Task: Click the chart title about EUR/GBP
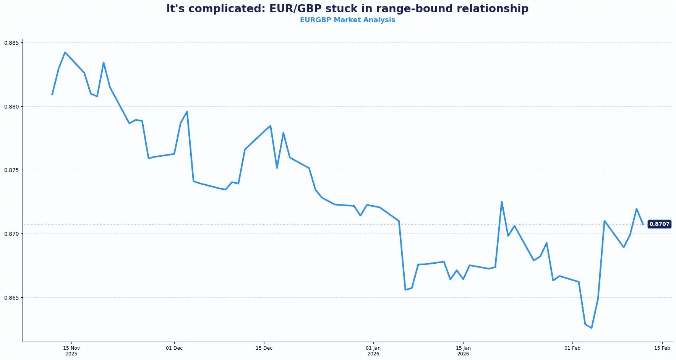[347, 9]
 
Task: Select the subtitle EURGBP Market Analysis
[347, 20]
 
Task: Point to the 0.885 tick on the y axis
[11, 43]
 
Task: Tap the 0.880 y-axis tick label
[11, 107]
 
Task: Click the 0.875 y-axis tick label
[11, 170]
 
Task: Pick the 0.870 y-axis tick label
[11, 234]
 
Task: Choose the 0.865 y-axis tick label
[11, 297]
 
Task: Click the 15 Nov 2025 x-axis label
[71, 351]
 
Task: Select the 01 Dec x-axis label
[174, 348]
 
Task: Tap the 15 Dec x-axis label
[264, 348]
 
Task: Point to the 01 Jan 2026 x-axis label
[373, 351]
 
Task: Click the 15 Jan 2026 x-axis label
[463, 351]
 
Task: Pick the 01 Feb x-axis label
[572, 348]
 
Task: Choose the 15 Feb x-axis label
[662, 348]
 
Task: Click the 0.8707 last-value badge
[659, 224]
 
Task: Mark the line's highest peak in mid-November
[65, 52]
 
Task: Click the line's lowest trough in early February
[592, 328]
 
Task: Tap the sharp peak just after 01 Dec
[187, 112]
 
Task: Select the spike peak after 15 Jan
[501, 201]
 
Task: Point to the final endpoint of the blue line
[643, 224]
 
